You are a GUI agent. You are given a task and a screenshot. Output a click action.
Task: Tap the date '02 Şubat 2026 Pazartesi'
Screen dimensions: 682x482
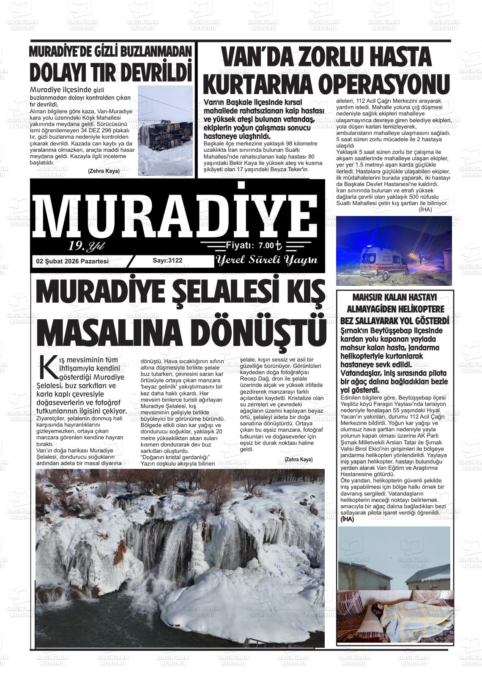pyautogui.click(x=72, y=261)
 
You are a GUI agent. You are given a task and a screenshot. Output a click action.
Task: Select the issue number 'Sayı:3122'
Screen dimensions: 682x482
pyautogui.click(x=167, y=260)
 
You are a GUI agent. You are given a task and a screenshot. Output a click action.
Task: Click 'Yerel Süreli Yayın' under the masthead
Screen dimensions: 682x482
pyautogui.click(x=266, y=260)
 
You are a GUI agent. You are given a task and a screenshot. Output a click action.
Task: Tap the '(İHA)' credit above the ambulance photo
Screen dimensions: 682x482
pyautogui.click(x=425, y=209)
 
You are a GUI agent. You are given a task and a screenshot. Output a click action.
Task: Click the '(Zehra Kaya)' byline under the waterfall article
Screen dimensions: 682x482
pyautogui.click(x=299, y=460)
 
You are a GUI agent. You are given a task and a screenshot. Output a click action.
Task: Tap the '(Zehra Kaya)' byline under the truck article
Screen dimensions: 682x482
pyautogui.click(x=104, y=171)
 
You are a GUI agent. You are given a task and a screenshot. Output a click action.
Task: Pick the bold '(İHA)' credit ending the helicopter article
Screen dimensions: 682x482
pyautogui.click(x=347, y=519)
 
